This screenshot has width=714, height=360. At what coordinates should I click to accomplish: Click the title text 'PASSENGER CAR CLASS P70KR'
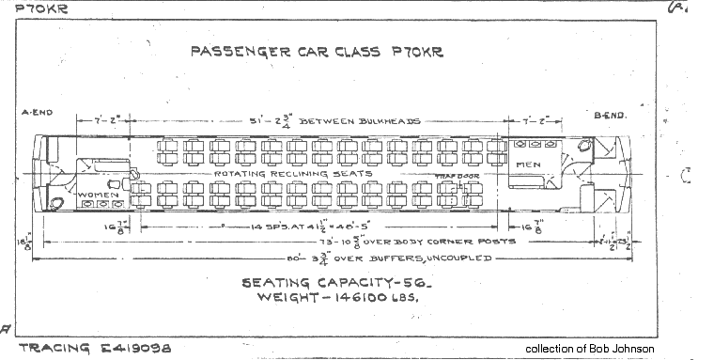tap(317, 52)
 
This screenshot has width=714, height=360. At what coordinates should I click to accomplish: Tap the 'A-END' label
tap(36, 113)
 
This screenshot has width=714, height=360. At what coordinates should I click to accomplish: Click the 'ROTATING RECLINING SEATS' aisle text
tap(293, 174)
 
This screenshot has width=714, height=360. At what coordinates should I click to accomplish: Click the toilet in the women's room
tap(57, 202)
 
